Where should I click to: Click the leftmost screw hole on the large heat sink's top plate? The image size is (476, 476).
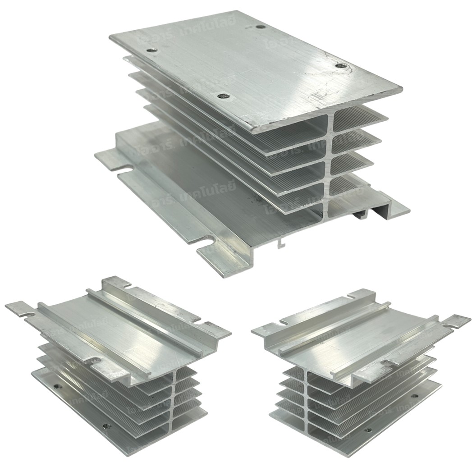(x=152, y=50)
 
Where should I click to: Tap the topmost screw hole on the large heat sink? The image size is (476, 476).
(x=261, y=27)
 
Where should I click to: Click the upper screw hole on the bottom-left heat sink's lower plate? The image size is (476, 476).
(x=56, y=386)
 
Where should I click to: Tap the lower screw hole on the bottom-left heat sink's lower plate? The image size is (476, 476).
(x=106, y=425)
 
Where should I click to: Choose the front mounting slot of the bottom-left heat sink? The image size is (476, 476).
(x=96, y=360)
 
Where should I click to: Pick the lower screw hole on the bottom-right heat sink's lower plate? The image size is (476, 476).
(x=368, y=430)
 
